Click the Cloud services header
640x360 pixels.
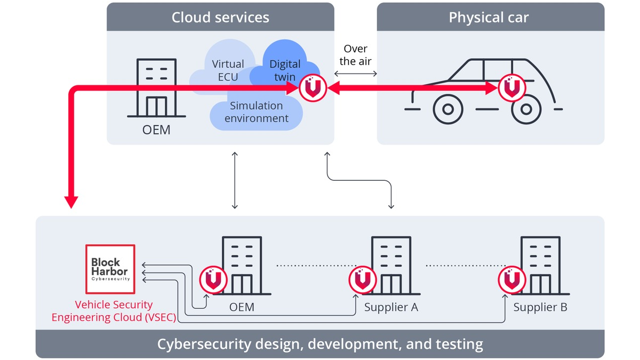(220, 17)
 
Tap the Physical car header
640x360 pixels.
(489, 17)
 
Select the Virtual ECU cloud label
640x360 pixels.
(228, 70)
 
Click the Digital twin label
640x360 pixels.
(285, 70)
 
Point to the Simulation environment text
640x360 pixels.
(257, 112)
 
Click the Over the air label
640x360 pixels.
(355, 55)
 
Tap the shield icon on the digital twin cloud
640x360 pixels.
(313, 89)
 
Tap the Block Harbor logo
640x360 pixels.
(110, 269)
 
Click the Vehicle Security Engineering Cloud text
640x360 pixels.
(114, 311)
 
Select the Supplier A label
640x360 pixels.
(391, 307)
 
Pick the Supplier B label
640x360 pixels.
(540, 307)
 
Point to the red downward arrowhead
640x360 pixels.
(71, 202)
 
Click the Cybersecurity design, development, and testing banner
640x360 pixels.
(320, 344)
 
